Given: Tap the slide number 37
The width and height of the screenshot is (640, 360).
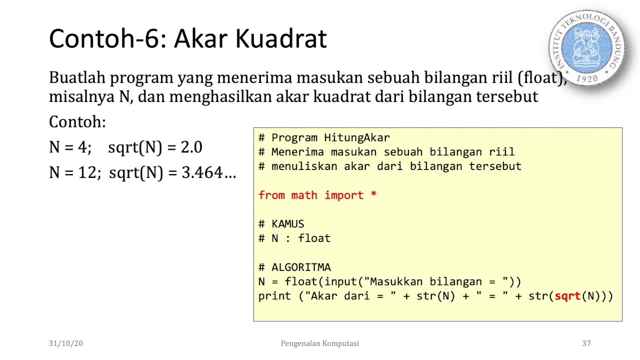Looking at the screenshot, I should tap(586, 343).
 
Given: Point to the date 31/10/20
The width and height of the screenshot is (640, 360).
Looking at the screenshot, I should tap(65, 343).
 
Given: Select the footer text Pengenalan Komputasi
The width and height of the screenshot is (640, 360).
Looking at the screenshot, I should tap(319, 343).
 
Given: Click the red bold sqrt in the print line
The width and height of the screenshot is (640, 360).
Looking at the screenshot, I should tap(567, 296).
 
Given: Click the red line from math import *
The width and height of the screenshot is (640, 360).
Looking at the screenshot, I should tap(317, 195).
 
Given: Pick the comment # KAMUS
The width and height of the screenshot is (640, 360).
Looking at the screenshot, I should tap(281, 224).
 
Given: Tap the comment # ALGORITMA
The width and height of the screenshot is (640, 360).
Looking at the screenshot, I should tap(294, 267).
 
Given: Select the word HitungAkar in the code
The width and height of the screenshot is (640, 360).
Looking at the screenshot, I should tap(356, 137).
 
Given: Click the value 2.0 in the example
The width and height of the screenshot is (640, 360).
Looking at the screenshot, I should tap(191, 147).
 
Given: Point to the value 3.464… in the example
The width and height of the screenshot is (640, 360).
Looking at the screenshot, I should tap(208, 173).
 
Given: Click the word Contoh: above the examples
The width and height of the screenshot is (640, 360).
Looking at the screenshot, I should tap(77, 122).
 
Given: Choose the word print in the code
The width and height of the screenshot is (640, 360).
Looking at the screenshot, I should tap(274, 296).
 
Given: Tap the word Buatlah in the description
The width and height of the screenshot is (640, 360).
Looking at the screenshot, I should tap(77, 78).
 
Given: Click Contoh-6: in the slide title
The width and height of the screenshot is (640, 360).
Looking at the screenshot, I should tap(107, 39).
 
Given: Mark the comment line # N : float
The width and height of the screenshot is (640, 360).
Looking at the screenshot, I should tap(294, 238).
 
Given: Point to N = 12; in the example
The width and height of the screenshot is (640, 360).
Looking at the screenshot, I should tap(75, 173).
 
